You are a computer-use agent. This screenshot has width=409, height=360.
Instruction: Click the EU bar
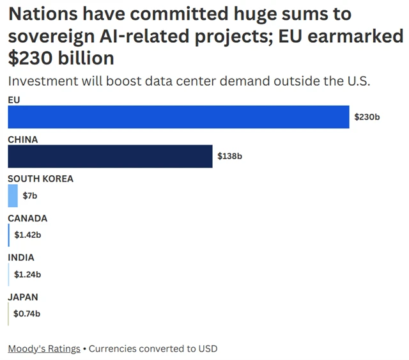point(178,117)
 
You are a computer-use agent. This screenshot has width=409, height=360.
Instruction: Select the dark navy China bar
point(110,156)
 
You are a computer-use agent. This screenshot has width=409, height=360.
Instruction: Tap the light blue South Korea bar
point(13,196)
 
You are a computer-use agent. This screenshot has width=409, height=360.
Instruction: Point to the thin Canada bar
point(9,235)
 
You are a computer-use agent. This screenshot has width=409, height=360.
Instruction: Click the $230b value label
point(367,117)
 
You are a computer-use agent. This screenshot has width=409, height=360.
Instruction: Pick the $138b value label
point(230,156)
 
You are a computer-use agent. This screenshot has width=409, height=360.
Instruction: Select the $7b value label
point(30,196)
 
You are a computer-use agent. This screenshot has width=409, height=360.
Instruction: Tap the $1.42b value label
point(27,235)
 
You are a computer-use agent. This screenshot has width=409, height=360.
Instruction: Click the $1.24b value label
point(27,275)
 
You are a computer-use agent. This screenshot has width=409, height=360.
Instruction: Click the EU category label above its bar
point(14,100)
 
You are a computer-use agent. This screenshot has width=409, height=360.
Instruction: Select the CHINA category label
point(23,139)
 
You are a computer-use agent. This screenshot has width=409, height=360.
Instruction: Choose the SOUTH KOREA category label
point(40,179)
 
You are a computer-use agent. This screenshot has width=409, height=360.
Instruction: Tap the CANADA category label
point(27,219)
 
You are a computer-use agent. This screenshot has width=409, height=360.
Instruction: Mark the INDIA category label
point(21,258)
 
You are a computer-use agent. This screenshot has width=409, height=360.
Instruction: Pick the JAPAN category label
point(23,297)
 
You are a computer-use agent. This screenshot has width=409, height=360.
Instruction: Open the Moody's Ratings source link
point(44,348)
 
